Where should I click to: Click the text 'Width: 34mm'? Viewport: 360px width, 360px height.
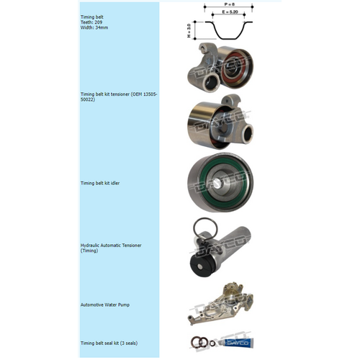click(x=94, y=27)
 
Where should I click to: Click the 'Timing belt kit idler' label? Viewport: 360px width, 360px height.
click(x=100, y=183)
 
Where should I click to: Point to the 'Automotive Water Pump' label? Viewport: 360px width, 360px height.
click(x=105, y=305)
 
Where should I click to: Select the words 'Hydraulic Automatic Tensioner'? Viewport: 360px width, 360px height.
click(x=111, y=246)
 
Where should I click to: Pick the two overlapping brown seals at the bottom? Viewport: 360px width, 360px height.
click(x=198, y=342)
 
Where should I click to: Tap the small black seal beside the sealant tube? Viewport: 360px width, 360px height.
click(x=211, y=342)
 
